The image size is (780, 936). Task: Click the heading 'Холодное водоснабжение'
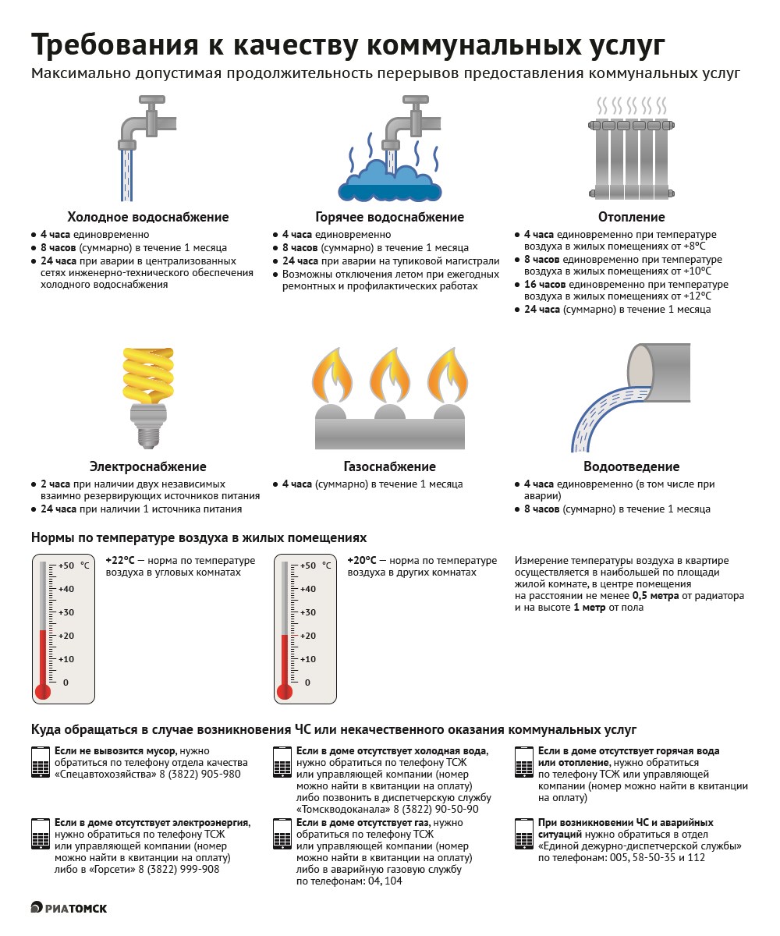click(x=148, y=217)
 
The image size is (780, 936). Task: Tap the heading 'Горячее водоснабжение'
click(x=389, y=217)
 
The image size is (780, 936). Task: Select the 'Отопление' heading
click(x=631, y=217)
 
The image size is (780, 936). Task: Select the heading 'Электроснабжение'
click(x=148, y=466)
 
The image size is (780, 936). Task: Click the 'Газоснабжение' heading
click(x=389, y=466)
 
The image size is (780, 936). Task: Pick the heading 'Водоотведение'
click(x=631, y=466)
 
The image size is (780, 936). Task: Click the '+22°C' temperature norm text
click(x=119, y=561)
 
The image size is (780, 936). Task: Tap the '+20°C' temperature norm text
click(x=362, y=561)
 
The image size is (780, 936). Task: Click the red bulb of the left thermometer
click(x=43, y=691)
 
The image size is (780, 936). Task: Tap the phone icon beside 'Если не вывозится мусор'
click(x=40, y=762)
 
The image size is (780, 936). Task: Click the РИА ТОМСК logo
click(x=69, y=908)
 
